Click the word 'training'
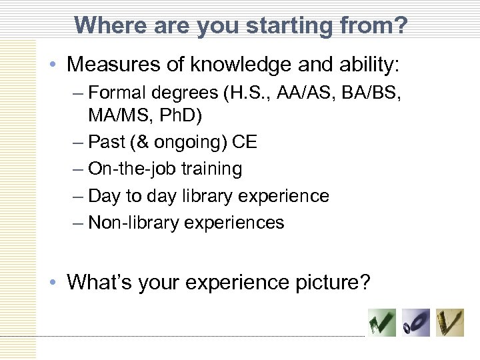tap(217, 169)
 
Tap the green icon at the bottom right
tap(382, 323)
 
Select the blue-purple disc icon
tap(416, 323)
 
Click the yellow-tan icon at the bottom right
tap(450, 323)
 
